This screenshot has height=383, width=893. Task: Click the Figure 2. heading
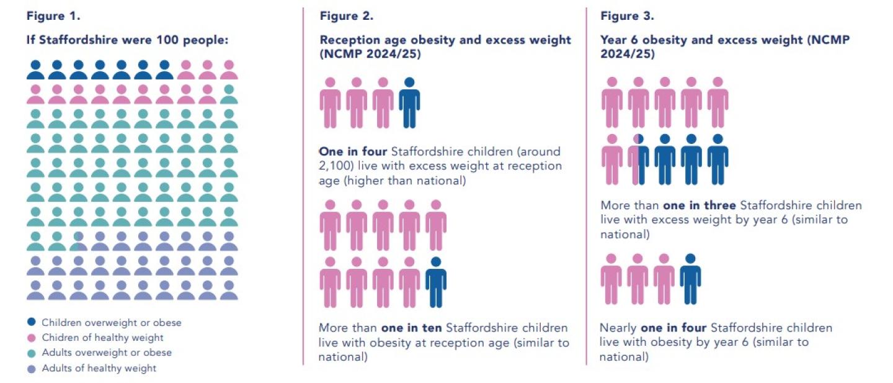coord(347,16)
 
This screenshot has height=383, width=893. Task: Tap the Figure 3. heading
coord(627,16)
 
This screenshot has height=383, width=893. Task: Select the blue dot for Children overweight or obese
coord(32,323)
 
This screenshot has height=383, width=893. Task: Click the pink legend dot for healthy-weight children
coord(32,338)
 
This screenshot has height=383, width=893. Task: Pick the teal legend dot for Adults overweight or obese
coord(32,353)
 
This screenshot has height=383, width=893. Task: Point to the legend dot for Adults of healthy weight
coord(32,368)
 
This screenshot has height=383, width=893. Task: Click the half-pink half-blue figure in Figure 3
coord(638,159)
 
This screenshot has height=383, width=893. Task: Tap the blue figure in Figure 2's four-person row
coord(409,102)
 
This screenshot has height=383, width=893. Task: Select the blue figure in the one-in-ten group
coord(435,282)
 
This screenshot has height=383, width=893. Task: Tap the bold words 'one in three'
coord(700,205)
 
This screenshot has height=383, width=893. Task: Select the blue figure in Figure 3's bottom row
coord(690,279)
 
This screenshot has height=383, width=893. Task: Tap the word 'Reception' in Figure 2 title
coord(347,40)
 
